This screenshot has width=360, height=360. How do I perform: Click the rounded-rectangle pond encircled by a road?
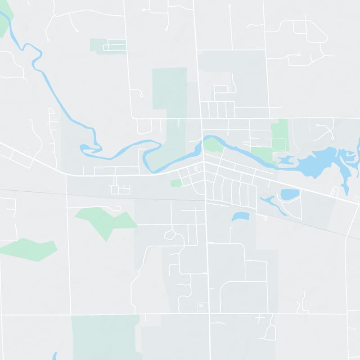click(x=289, y=194)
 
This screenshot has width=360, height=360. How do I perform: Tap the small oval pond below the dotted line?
click(x=240, y=216)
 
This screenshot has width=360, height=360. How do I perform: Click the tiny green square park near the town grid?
click(x=176, y=183)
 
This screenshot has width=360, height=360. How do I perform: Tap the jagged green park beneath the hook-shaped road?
click(x=106, y=220)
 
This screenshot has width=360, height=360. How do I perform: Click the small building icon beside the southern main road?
click(x=201, y=307)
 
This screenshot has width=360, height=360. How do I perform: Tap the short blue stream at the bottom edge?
click(x=54, y=356)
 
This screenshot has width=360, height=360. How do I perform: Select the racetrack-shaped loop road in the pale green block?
click(x=115, y=46)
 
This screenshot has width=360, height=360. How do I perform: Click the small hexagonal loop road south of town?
click(x=170, y=234)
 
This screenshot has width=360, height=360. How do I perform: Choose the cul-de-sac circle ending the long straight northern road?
click(x=229, y=6)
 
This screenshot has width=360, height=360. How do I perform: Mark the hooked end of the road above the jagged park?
click(x=118, y=208)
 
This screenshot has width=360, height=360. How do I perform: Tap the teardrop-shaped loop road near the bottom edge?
click(x=270, y=333)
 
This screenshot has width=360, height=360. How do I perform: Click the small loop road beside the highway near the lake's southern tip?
click(x=334, y=191)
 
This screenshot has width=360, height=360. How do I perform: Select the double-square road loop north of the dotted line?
click(x=120, y=189)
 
